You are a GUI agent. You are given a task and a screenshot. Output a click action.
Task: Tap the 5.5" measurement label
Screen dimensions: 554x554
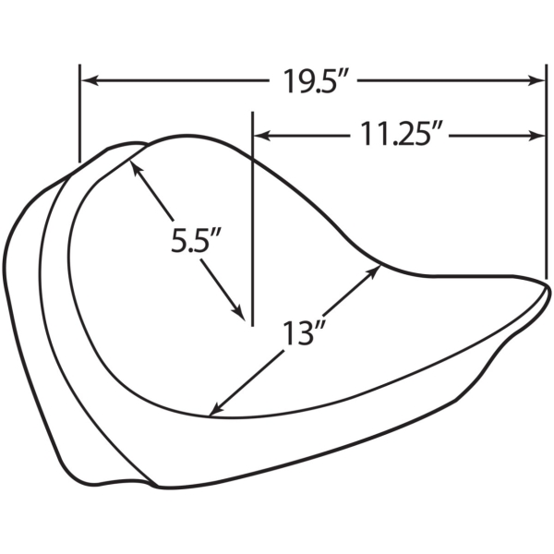click(x=197, y=240)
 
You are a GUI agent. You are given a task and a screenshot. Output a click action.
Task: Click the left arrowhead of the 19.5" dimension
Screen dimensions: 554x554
click(x=89, y=80)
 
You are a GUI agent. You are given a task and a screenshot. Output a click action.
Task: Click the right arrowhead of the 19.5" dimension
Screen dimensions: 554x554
click(x=536, y=80)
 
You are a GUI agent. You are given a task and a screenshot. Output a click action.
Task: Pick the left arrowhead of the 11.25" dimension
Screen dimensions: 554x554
click(x=262, y=135)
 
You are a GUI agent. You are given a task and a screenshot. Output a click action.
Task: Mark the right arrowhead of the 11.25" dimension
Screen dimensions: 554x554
click(x=536, y=135)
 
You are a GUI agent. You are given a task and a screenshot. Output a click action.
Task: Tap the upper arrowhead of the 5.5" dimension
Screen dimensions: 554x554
click(x=137, y=167)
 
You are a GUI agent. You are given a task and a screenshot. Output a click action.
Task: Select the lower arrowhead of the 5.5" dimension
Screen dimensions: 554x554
click(x=238, y=312)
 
